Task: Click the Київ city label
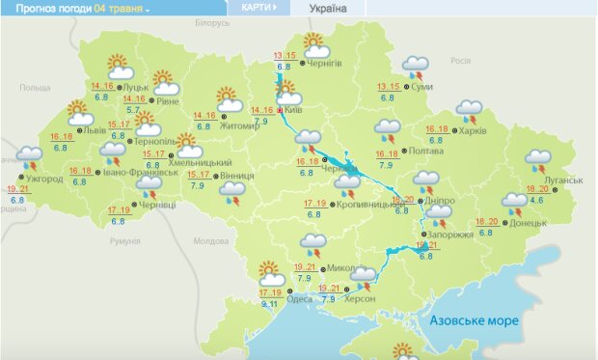click(295, 111)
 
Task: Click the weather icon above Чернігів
click(314, 42)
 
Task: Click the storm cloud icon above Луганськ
click(539, 160)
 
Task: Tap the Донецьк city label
click(530, 222)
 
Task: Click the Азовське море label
click(474, 320)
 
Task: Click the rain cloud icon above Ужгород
click(30, 156)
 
